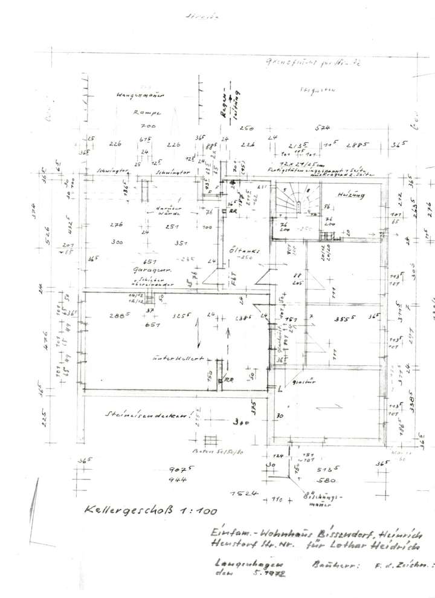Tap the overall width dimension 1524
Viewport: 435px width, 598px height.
(x=243, y=493)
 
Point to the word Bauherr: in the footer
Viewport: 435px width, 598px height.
(x=331, y=566)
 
